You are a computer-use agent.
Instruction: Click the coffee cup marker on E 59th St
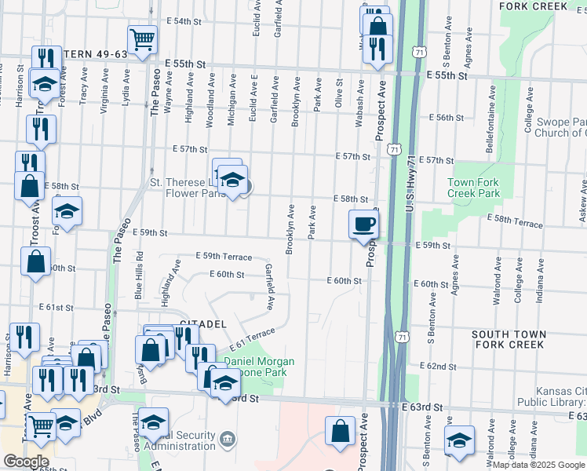pyautogui.click(x=364, y=225)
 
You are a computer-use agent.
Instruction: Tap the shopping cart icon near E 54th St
pyautogui.click(x=142, y=39)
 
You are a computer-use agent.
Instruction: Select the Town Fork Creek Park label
pyautogui.click(x=473, y=188)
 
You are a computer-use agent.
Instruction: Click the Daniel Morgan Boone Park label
pyautogui.click(x=260, y=367)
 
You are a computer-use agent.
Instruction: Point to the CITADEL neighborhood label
pyautogui.click(x=203, y=323)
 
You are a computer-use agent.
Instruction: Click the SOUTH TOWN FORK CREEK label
pyautogui.click(x=508, y=339)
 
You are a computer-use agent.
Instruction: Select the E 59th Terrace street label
pyautogui.click(x=224, y=257)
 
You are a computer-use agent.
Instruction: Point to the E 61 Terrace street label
pyautogui.click(x=252, y=340)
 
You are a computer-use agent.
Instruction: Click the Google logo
pyautogui.click(x=25, y=462)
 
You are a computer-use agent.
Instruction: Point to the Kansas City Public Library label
pyautogui.click(x=558, y=396)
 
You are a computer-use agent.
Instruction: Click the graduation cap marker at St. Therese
pyautogui.click(x=232, y=180)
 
